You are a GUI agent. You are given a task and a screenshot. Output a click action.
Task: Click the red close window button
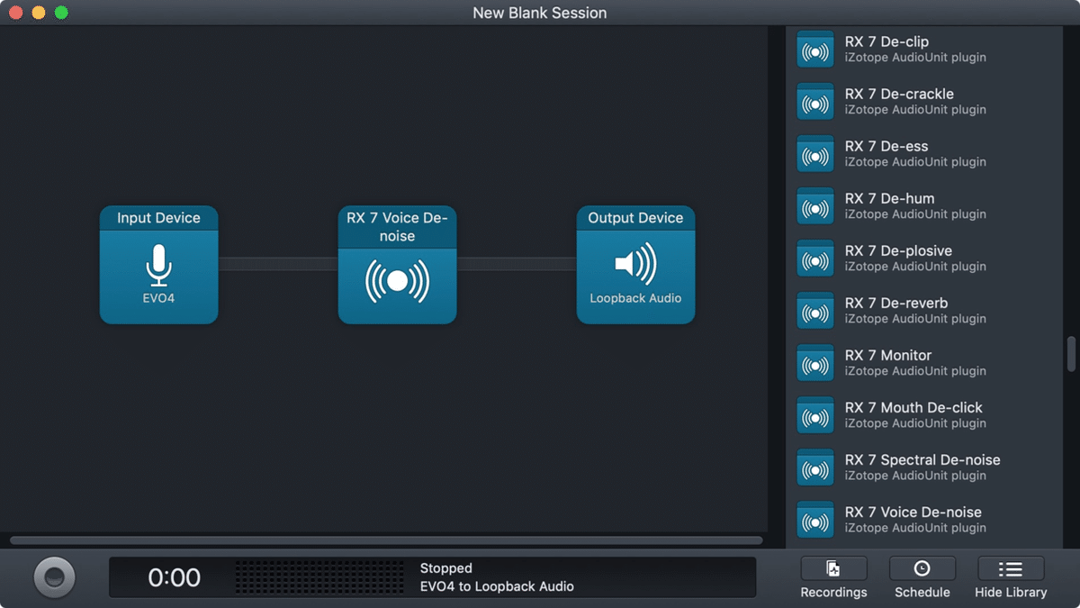click(x=16, y=13)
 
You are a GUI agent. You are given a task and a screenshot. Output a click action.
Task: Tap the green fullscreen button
click(x=61, y=13)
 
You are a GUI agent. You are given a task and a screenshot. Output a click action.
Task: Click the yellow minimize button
click(x=39, y=13)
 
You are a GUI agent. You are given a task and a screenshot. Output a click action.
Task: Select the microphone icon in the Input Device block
click(x=158, y=265)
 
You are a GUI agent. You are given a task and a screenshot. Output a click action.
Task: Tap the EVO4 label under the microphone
click(x=158, y=298)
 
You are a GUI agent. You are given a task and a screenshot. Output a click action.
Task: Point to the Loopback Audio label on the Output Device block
click(x=635, y=298)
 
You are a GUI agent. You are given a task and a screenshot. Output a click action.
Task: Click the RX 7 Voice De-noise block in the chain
click(x=397, y=265)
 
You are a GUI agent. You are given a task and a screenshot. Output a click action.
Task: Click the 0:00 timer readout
click(x=174, y=577)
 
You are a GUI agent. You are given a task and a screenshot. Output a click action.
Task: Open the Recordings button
click(x=833, y=577)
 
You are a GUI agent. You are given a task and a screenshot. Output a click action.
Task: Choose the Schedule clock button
click(x=922, y=577)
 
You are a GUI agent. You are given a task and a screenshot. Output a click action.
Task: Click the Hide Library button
click(x=1011, y=577)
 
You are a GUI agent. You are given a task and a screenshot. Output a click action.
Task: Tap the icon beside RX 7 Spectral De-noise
click(x=814, y=467)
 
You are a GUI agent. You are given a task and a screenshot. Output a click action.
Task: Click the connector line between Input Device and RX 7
click(x=278, y=264)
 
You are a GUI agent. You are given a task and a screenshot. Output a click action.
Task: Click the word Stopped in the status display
click(x=446, y=568)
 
